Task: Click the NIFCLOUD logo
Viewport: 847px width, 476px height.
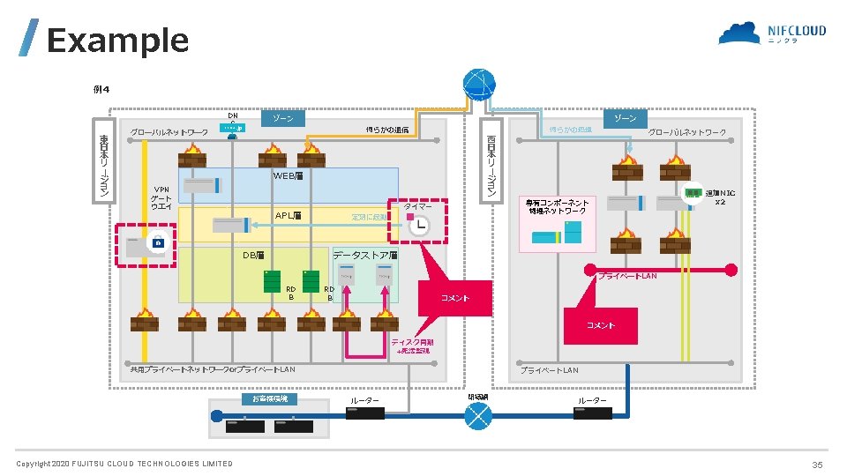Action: [773, 33]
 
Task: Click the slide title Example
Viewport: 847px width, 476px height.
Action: [117, 41]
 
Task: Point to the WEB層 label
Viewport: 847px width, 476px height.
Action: [288, 176]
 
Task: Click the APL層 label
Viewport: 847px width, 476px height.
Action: [288, 215]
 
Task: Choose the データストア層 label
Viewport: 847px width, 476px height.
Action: [365, 255]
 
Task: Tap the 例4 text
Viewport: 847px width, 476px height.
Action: [101, 88]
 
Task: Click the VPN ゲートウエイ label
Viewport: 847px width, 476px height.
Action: [161, 198]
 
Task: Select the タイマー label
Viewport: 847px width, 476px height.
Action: [417, 205]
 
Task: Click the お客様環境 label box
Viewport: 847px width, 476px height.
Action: [270, 399]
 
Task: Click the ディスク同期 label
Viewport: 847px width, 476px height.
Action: [413, 342]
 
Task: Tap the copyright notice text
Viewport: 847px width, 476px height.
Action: [124, 464]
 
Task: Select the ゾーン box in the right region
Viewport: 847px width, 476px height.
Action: [625, 118]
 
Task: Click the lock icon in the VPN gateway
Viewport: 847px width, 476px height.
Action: [158, 242]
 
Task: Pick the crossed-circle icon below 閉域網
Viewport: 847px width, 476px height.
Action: [478, 417]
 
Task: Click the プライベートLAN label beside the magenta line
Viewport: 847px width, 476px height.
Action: [627, 277]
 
